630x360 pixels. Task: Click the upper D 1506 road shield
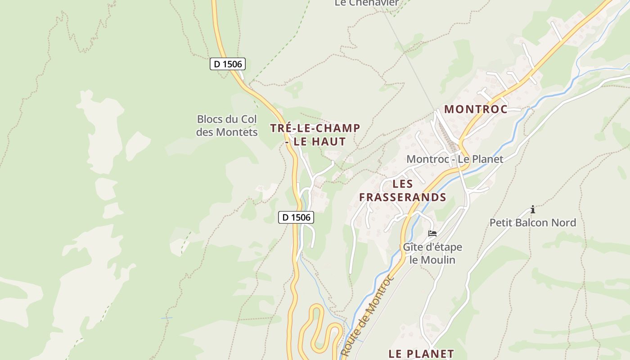[227, 64]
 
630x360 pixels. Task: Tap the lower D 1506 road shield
[296, 217]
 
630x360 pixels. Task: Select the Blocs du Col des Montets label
[227, 126]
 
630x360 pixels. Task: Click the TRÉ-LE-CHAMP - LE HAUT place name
[315, 135]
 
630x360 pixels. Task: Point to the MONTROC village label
[476, 109]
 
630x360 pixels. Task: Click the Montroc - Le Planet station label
[454, 159]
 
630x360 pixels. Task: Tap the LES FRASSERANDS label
[402, 190]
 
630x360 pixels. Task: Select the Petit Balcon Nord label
[532, 223]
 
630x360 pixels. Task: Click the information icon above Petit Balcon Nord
[533, 209]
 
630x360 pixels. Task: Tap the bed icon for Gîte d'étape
[432, 234]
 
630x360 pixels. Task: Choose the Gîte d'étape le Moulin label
[432, 253]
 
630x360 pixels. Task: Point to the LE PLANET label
[421, 354]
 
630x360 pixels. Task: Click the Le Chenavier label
[366, 3]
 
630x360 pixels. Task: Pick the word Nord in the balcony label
[564, 223]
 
